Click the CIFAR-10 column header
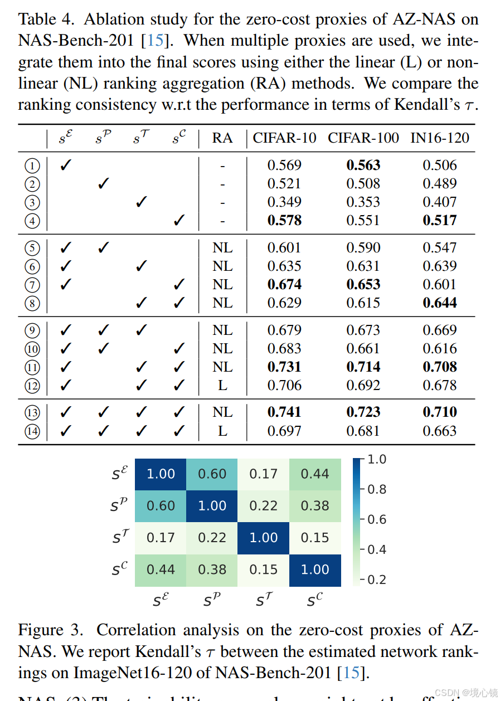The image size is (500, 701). pos(284,138)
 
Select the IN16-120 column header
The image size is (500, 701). pos(440,138)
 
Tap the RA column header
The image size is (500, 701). pos(222,138)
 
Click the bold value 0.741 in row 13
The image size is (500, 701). pos(284,412)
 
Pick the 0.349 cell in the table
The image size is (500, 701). pos(284,202)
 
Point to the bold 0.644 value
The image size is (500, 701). pos(440,303)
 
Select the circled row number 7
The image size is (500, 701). pos(32,285)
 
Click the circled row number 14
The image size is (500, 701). pos(32,431)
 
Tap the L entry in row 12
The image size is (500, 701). pos(222,385)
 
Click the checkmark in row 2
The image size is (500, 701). pos(103,183)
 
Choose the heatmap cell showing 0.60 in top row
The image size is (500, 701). pos(212,474)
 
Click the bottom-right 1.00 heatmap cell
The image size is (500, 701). pos(315,569)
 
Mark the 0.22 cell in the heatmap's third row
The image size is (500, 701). pos(212,538)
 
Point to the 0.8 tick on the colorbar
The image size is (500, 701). pos(377,489)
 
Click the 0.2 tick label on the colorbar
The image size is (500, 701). pos(377,580)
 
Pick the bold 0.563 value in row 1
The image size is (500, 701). pos(363,165)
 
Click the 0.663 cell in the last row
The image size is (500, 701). pos(440,431)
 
